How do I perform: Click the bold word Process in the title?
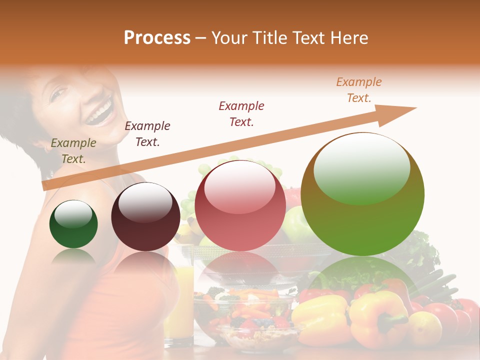click(157, 38)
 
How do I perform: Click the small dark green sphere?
click(73, 224)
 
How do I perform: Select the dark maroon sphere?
click(145, 217)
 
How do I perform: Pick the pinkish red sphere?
click(240, 206)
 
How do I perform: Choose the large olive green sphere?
click(362, 194)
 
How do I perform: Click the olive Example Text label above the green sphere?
click(73, 151)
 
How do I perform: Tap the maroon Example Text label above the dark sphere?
click(147, 134)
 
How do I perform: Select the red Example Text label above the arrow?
click(241, 113)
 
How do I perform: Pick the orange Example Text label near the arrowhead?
click(359, 90)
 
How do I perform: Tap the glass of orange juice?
click(179, 300)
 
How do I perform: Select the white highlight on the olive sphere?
click(361, 167)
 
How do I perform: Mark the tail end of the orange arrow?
click(46, 185)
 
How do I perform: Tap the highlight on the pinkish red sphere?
click(239, 187)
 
